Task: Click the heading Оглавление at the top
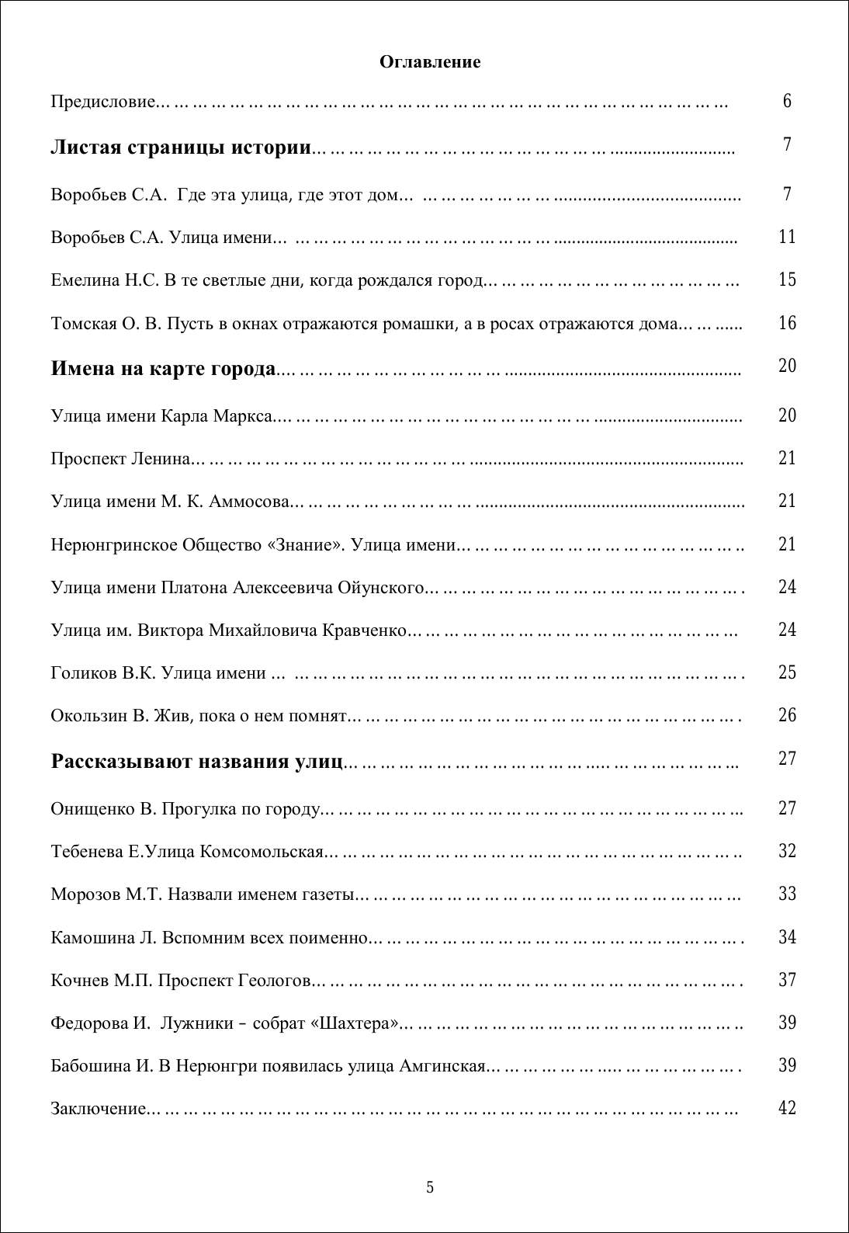click(x=430, y=62)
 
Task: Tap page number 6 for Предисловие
click(x=787, y=101)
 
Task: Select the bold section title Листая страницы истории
click(x=181, y=147)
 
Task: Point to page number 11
click(x=787, y=237)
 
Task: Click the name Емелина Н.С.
click(x=105, y=280)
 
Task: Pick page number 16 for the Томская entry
click(x=787, y=323)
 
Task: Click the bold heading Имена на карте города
click(x=163, y=368)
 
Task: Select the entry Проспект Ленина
click(x=120, y=459)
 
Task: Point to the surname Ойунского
click(x=380, y=587)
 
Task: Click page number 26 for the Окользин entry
click(x=787, y=715)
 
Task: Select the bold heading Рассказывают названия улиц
click(x=196, y=761)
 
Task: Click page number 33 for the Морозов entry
click(x=787, y=894)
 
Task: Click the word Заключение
click(x=99, y=1108)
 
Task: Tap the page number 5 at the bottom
click(x=430, y=1187)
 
